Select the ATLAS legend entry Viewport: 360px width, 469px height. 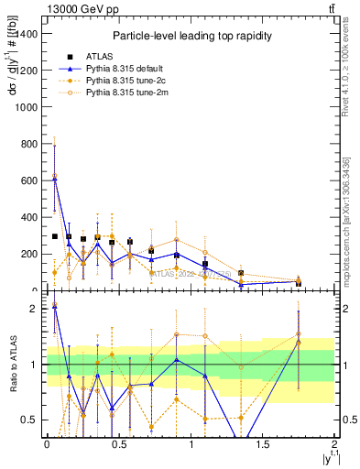pos(92,57)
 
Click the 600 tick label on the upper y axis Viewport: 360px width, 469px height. pos(28,180)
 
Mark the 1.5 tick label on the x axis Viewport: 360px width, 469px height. pos(263,442)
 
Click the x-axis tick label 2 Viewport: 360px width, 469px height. pos(335,442)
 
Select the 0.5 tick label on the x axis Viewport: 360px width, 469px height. pos(118,442)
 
